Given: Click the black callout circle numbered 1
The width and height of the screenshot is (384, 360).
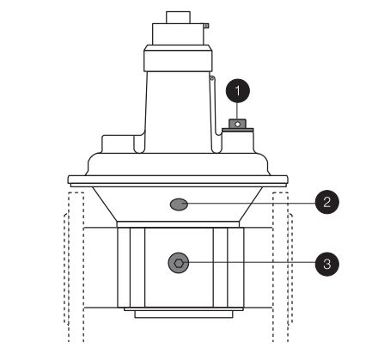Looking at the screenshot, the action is pyautogui.click(x=238, y=91).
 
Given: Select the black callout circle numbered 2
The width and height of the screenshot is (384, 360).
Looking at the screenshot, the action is pyautogui.click(x=327, y=203).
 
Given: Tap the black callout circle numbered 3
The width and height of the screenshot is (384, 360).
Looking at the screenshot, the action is pyautogui.click(x=327, y=264).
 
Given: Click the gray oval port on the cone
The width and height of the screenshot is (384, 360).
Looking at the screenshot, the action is pyautogui.click(x=179, y=204).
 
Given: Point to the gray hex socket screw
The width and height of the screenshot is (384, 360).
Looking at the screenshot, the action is pyautogui.click(x=179, y=263).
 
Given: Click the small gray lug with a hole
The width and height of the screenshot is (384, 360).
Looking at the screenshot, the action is pyautogui.click(x=237, y=124).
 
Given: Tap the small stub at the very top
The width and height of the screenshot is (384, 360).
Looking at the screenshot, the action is pyautogui.click(x=178, y=17).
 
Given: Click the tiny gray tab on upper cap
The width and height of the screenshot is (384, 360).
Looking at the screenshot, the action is pyautogui.click(x=206, y=26).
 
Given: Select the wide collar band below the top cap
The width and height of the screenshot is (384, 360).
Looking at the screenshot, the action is pyautogui.click(x=178, y=60).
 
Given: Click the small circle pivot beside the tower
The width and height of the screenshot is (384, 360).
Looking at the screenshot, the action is pyautogui.click(x=211, y=78).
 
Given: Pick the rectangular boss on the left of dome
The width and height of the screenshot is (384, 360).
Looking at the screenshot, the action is pyautogui.click(x=119, y=144).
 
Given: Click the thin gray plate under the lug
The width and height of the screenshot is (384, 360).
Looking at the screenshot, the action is pyautogui.click(x=238, y=130).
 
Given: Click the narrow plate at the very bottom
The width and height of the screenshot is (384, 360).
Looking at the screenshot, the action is pyautogui.click(x=184, y=314).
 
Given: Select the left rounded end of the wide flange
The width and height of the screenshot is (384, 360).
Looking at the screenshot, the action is pyautogui.click(x=70, y=180).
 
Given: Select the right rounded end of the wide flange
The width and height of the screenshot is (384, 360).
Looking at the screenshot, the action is pyautogui.click(x=286, y=180).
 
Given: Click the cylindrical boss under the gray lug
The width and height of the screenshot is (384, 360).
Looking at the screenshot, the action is pyautogui.click(x=238, y=143).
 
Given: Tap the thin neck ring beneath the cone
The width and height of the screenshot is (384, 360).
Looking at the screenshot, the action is pyautogui.click(x=178, y=224).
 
